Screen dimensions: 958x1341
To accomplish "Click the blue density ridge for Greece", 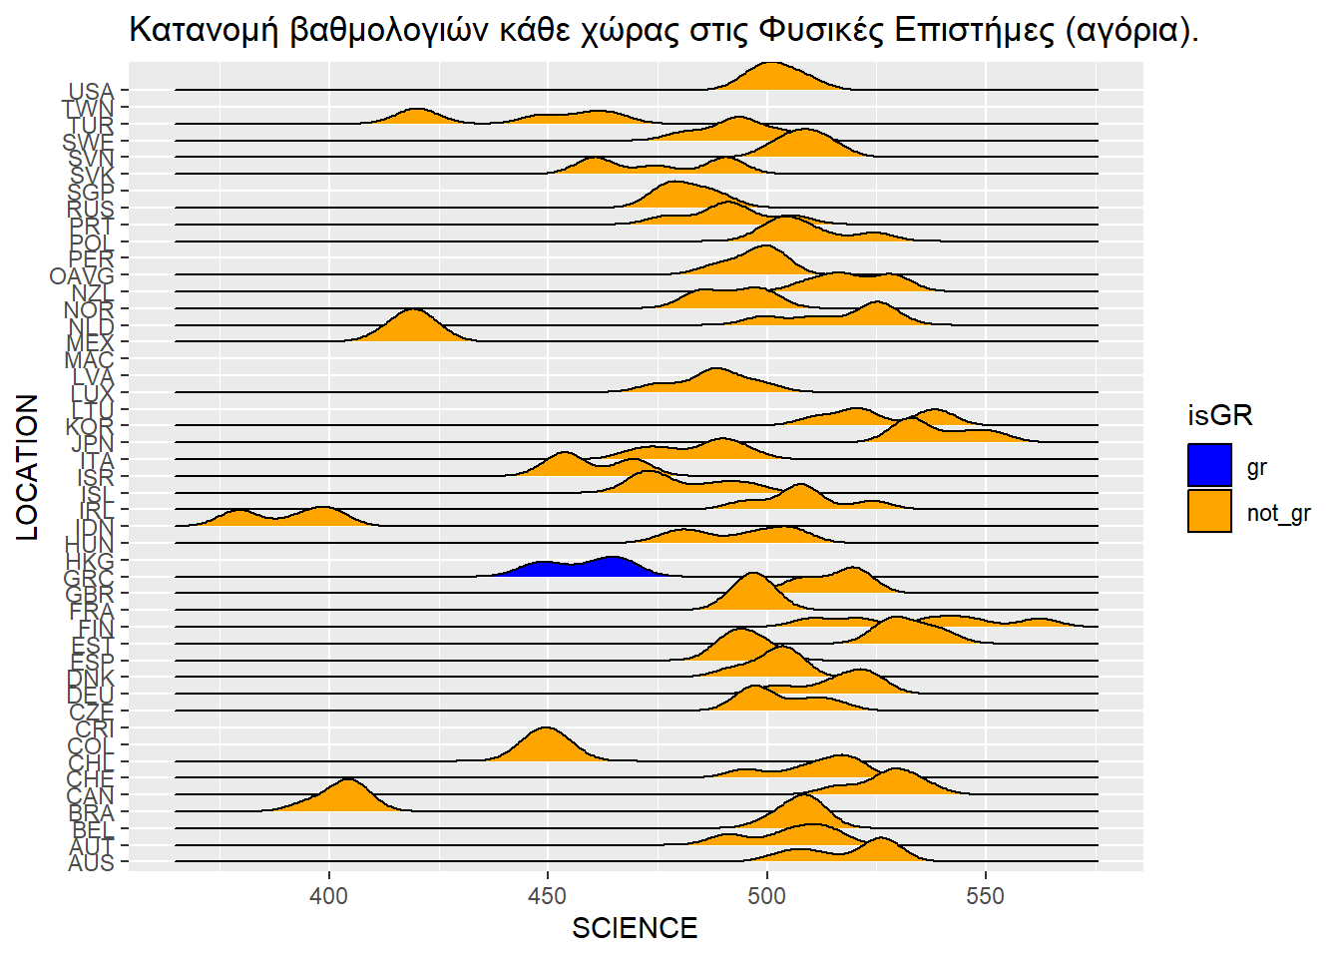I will tap(579, 569).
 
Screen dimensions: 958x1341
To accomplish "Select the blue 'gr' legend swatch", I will tap(1209, 466).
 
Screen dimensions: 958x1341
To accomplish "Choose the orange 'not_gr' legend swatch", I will tap(1209, 511).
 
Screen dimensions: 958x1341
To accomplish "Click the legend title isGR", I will tap(1219, 415).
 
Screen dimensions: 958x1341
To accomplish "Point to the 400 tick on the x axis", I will tap(329, 896).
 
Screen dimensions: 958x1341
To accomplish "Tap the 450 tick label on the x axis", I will tap(548, 896).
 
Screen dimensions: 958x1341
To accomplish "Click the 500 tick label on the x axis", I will tap(766, 896).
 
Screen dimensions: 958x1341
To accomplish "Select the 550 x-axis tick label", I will tap(985, 896).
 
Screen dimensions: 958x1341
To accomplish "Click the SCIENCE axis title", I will tap(635, 929).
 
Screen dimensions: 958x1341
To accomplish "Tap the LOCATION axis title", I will tap(28, 467).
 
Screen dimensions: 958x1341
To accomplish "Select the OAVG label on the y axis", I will tap(82, 276).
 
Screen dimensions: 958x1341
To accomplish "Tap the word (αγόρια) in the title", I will tap(1131, 30).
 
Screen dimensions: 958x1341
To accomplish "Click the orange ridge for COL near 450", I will tap(547, 746).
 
